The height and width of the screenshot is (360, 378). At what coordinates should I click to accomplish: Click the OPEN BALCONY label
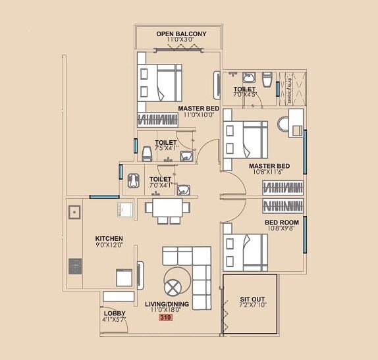181,34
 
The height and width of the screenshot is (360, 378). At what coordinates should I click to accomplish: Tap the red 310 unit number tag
165,317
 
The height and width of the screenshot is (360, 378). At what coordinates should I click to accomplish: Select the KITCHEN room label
109,238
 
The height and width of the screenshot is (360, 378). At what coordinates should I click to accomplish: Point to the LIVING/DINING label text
167,304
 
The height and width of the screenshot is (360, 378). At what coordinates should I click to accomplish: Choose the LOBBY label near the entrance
113,313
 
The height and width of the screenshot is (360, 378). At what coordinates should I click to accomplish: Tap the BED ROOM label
282,223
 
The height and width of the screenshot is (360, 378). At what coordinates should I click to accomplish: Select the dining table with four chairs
167,208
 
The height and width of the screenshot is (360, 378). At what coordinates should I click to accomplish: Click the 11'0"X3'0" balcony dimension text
181,41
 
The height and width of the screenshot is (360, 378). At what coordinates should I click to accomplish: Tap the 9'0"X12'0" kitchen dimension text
109,246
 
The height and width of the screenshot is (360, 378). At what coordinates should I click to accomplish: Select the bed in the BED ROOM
245,247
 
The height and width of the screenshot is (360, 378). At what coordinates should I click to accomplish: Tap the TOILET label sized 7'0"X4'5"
244,89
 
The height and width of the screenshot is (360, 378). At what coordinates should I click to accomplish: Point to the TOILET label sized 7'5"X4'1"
165,142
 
